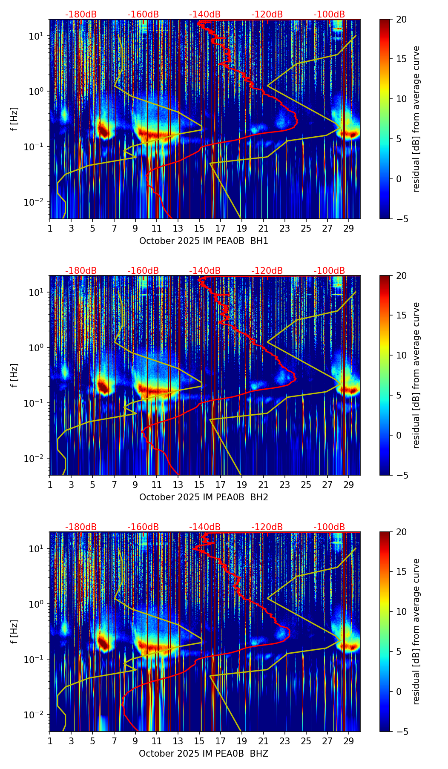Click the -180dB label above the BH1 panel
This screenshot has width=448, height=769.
(81, 14)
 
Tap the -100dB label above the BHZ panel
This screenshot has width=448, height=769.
(329, 527)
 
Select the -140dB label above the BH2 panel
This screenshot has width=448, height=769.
(205, 271)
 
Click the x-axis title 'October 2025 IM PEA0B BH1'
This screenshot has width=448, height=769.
(204, 241)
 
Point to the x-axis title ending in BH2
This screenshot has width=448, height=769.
(204, 497)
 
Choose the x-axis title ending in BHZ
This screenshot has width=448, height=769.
(204, 754)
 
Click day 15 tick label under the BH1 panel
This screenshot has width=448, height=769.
(199, 229)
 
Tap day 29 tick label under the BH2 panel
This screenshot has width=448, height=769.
(349, 485)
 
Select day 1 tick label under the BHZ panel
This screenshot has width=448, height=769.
(50, 741)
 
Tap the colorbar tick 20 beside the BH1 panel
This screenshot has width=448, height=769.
(401, 19)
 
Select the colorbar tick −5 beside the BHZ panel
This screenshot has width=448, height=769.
(399, 732)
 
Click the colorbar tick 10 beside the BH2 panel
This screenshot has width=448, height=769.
(401, 355)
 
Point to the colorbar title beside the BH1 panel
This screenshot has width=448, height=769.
(416, 119)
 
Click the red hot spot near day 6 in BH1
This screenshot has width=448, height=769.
(103, 130)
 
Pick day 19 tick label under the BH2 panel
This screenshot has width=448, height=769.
(242, 485)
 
